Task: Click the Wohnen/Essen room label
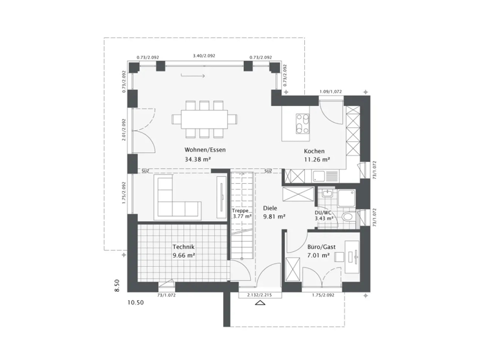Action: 205,150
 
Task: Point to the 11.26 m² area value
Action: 316,160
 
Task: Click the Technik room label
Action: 183,247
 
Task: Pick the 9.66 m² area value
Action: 183,255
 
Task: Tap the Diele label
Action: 270,208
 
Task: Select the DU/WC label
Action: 324,212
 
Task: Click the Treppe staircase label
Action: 240,210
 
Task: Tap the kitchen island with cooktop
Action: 302,123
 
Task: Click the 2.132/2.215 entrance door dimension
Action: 255,295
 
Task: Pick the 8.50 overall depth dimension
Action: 117,285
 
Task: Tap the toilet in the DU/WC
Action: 348,218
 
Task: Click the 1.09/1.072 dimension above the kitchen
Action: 331,92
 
